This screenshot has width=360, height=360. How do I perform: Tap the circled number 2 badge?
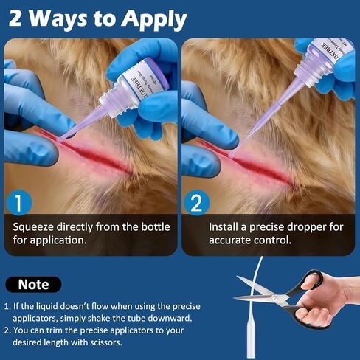(197, 201)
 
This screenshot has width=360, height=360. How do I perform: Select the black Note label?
(33, 284)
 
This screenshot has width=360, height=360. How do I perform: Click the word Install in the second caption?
(224, 226)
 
